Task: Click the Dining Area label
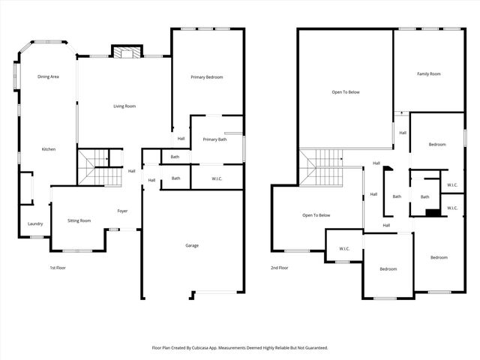point(49,76)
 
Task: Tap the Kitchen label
point(49,149)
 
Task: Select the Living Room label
point(124,106)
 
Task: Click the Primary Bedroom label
point(206,77)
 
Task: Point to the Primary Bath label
point(214,139)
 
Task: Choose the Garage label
point(192,245)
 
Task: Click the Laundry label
point(35,223)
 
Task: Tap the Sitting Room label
point(79,220)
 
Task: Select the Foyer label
point(122,211)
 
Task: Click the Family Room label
point(429,73)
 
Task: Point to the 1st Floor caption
point(58,267)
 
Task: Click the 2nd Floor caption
point(280,267)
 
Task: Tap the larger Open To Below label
point(346,92)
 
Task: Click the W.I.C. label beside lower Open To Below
point(344,248)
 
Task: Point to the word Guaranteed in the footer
point(313,348)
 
